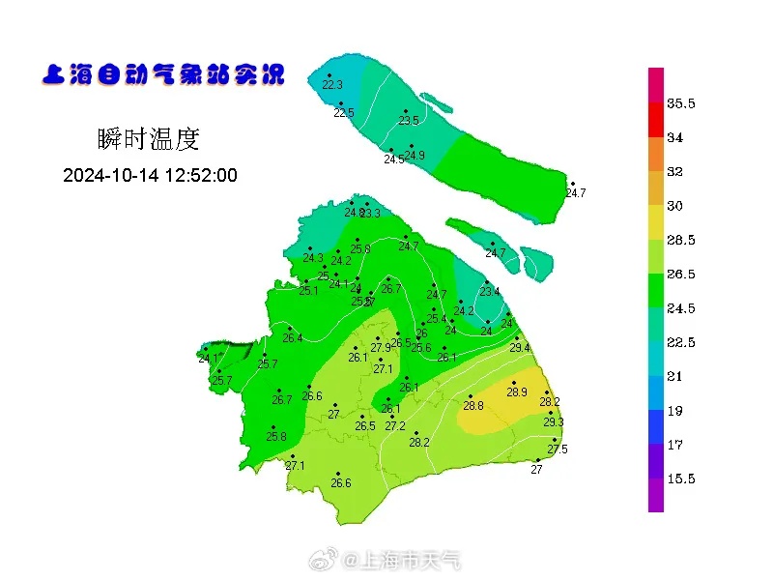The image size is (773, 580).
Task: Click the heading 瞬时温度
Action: click(x=148, y=139)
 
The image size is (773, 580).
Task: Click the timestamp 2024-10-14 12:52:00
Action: click(x=150, y=175)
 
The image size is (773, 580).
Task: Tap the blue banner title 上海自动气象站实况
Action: click(x=162, y=74)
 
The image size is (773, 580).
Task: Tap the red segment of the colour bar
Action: click(x=655, y=120)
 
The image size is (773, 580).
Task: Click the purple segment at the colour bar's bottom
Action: click(x=655, y=495)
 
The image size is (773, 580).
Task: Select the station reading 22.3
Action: click(x=332, y=85)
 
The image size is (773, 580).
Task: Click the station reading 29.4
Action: click(x=520, y=348)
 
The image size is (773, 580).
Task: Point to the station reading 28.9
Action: click(x=517, y=391)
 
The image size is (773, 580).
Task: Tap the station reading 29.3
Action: click(x=553, y=422)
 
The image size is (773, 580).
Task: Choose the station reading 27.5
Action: click(x=558, y=449)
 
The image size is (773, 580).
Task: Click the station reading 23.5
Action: click(x=409, y=121)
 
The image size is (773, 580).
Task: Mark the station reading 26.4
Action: click(x=293, y=338)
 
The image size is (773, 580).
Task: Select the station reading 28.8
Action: click(x=472, y=406)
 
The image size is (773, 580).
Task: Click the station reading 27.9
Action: click(x=381, y=348)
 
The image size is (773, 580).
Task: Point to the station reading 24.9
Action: click(x=415, y=156)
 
